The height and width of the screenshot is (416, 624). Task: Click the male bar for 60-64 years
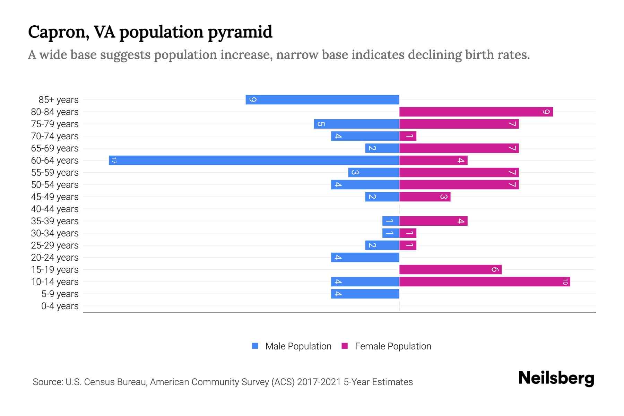pos(254,160)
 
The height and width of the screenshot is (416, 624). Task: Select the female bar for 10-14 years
pos(484,281)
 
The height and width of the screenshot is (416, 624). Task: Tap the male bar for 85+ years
pos(322,99)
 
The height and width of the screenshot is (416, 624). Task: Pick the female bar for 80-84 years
pos(476,112)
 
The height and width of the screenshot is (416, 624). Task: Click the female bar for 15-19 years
pos(450,269)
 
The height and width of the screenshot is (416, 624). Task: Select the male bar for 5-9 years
pos(365,294)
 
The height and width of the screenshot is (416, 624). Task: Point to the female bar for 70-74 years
pos(408,136)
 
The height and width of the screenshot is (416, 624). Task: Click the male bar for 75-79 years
pos(356,124)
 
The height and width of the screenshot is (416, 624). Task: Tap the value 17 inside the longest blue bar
pos(114,160)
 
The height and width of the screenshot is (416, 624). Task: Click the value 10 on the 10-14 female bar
pos(565,281)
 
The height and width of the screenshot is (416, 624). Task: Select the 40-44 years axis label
pos(55,209)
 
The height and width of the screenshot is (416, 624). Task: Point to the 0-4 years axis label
pos(60,306)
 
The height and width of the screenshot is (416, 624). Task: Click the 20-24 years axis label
pos(55,258)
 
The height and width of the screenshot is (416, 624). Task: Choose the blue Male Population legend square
pos(255,346)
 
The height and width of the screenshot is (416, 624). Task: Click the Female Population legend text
pos(393,346)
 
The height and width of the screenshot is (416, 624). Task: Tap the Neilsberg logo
pos(556,378)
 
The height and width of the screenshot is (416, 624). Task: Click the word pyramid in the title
pos(240,32)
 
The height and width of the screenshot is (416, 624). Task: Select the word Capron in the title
pos(56,32)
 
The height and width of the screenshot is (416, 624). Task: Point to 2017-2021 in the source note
pos(319,382)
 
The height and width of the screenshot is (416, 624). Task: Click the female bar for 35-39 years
pos(433,221)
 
